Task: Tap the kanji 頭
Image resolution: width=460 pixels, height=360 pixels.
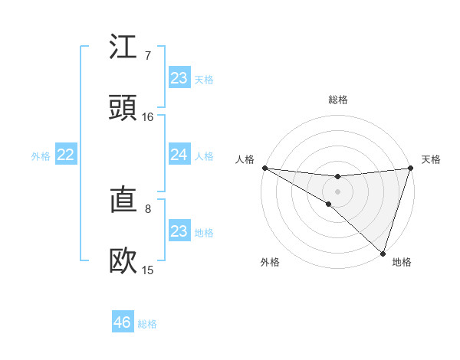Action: pos(123,108)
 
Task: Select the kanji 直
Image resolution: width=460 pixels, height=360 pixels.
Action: pos(123,201)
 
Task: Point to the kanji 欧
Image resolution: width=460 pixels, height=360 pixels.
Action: pos(123,261)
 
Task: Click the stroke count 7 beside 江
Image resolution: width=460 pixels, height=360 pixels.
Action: pos(147,56)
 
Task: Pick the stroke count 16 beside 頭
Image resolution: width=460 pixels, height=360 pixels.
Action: pos(147,117)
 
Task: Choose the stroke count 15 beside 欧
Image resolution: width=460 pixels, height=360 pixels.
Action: pos(147,270)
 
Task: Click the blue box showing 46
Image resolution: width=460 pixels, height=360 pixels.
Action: pos(123,322)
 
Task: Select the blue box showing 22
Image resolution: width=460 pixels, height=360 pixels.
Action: pos(66,155)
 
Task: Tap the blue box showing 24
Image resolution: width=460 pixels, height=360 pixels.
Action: pos(179,155)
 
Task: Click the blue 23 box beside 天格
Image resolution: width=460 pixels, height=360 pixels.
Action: pos(179,78)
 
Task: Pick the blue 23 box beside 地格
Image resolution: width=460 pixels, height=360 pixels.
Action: pos(179,231)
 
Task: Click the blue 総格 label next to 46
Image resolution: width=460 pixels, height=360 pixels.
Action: pos(147,324)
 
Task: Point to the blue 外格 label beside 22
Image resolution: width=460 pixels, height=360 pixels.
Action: pos(41,156)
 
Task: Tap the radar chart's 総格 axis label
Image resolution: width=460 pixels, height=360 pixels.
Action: pos(337,100)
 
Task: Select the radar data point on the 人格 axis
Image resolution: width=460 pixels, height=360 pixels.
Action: pos(264,167)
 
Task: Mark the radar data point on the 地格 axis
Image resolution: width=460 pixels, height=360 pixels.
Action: pos(383,253)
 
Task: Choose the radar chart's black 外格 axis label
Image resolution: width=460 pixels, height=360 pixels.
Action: pos(270,263)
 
